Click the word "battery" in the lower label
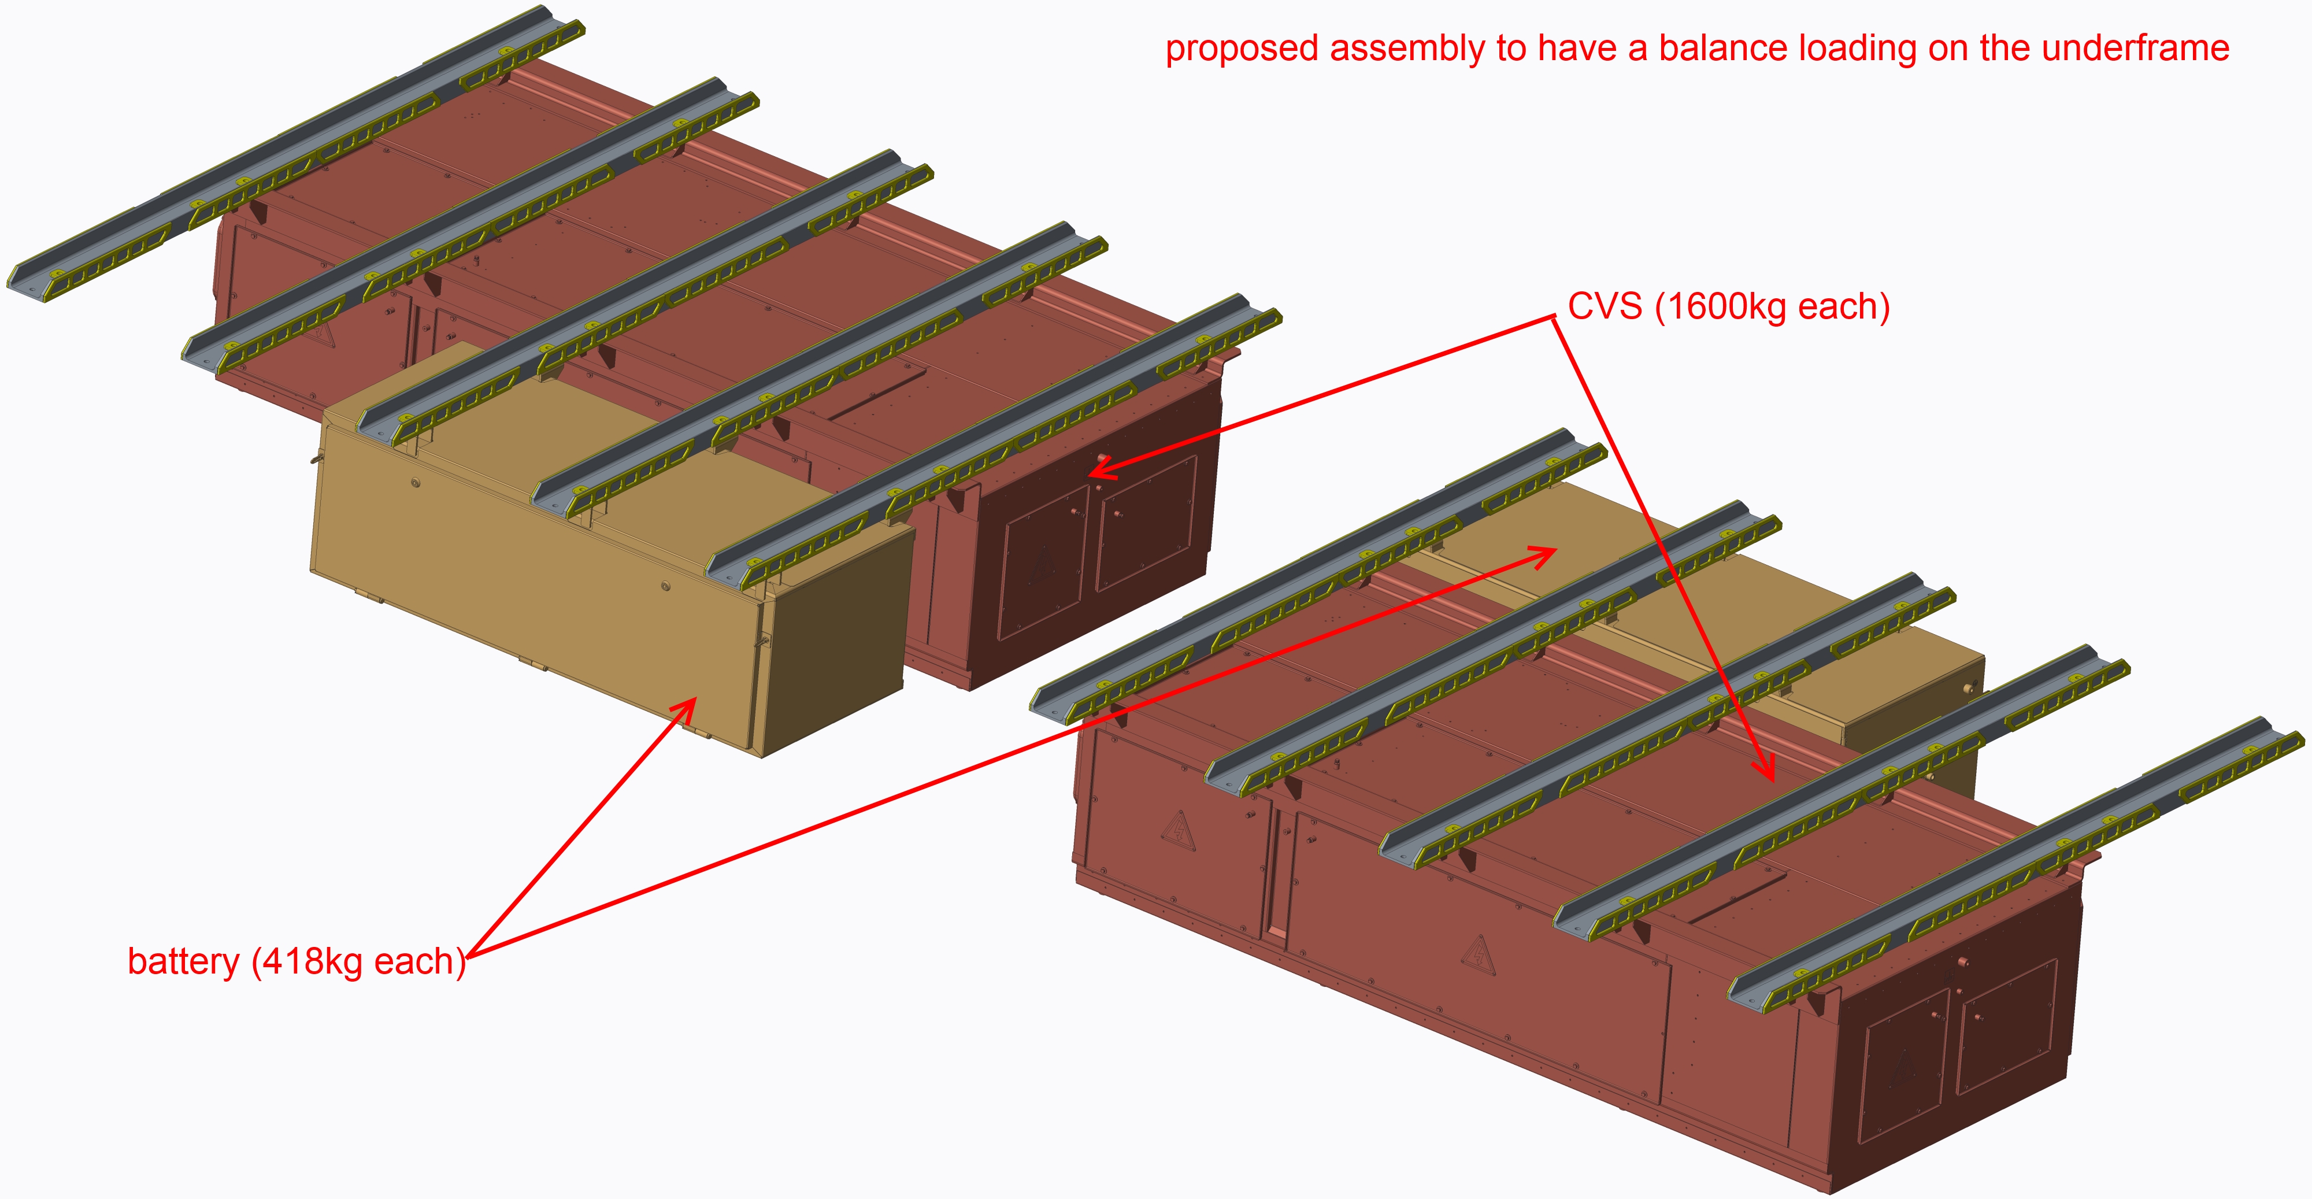[183, 961]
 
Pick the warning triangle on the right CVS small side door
[1177, 828]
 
